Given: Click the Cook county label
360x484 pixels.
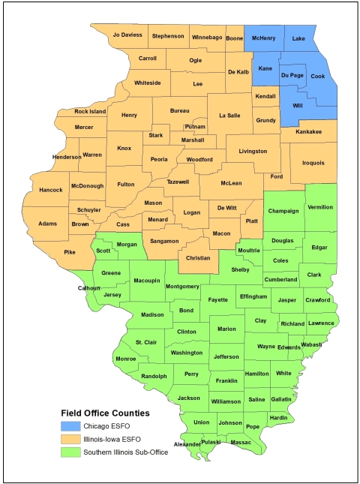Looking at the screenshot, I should tap(318, 76).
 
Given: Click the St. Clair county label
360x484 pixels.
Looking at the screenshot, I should tap(146, 342).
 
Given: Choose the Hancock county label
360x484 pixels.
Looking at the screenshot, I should tap(51, 190).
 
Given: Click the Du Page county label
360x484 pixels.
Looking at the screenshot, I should tap(292, 76).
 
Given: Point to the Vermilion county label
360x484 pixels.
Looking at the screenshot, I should tap(319, 206).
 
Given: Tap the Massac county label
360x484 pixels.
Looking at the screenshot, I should tap(241, 443).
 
